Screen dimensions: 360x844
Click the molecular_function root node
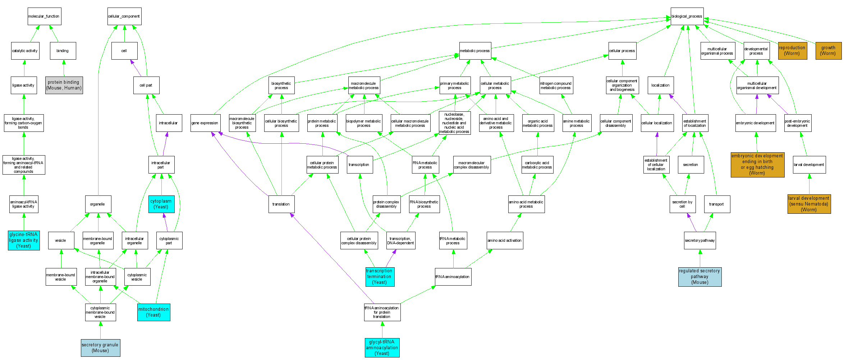[x=44, y=17]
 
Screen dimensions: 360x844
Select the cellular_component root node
[x=124, y=17]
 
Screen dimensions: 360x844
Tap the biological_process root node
[x=687, y=17]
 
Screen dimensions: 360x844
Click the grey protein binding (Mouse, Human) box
[x=64, y=85]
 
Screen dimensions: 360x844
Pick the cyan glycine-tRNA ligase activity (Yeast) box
[x=24, y=240]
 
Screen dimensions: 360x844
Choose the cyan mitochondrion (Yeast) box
[x=153, y=312]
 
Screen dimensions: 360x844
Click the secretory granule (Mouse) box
[x=100, y=348]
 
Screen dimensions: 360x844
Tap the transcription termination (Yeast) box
[x=380, y=277]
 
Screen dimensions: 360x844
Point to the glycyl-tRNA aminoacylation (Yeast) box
[x=382, y=348]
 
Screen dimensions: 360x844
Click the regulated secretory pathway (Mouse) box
[x=699, y=277]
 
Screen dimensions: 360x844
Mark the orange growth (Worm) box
[x=828, y=51]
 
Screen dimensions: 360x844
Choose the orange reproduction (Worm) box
[x=792, y=51]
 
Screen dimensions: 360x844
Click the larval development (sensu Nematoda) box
[x=809, y=204]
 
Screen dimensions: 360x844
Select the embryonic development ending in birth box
[x=757, y=165]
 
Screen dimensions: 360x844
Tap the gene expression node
[x=205, y=123]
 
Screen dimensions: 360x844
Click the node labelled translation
[x=281, y=204]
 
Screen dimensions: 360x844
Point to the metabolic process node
[x=474, y=51]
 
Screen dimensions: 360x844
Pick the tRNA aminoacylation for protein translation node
[x=382, y=312]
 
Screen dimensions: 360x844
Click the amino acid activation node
[x=504, y=240]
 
